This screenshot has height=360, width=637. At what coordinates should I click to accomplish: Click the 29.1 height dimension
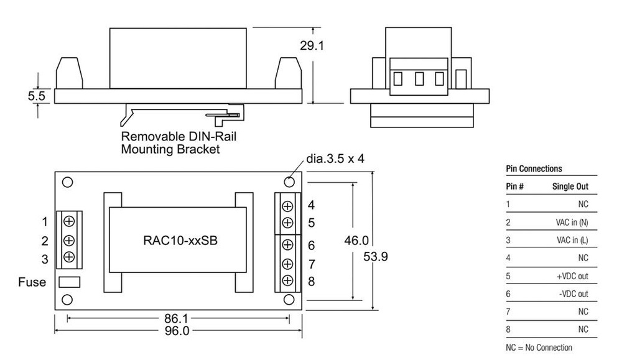[329, 46]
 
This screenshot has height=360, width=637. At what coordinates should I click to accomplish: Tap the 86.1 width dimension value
[177, 318]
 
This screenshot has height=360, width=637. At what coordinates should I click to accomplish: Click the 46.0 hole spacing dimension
[356, 241]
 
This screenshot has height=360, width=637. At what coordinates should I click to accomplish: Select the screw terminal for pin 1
[69, 221]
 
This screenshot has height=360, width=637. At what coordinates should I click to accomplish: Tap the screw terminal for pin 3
[69, 257]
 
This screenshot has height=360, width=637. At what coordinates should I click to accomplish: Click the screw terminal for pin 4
[288, 206]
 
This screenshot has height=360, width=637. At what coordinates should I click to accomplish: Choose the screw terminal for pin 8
[288, 281]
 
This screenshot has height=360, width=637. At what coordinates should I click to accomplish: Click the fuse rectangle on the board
[69, 282]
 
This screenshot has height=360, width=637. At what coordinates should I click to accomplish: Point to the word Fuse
[32, 282]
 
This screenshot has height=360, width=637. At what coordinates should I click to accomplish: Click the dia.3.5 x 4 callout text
[335, 159]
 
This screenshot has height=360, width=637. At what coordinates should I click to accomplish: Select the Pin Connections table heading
[534, 168]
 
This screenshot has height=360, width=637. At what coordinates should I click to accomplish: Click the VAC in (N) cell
[572, 222]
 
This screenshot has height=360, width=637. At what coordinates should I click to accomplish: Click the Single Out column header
[570, 187]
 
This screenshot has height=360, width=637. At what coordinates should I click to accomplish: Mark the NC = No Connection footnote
[539, 348]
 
